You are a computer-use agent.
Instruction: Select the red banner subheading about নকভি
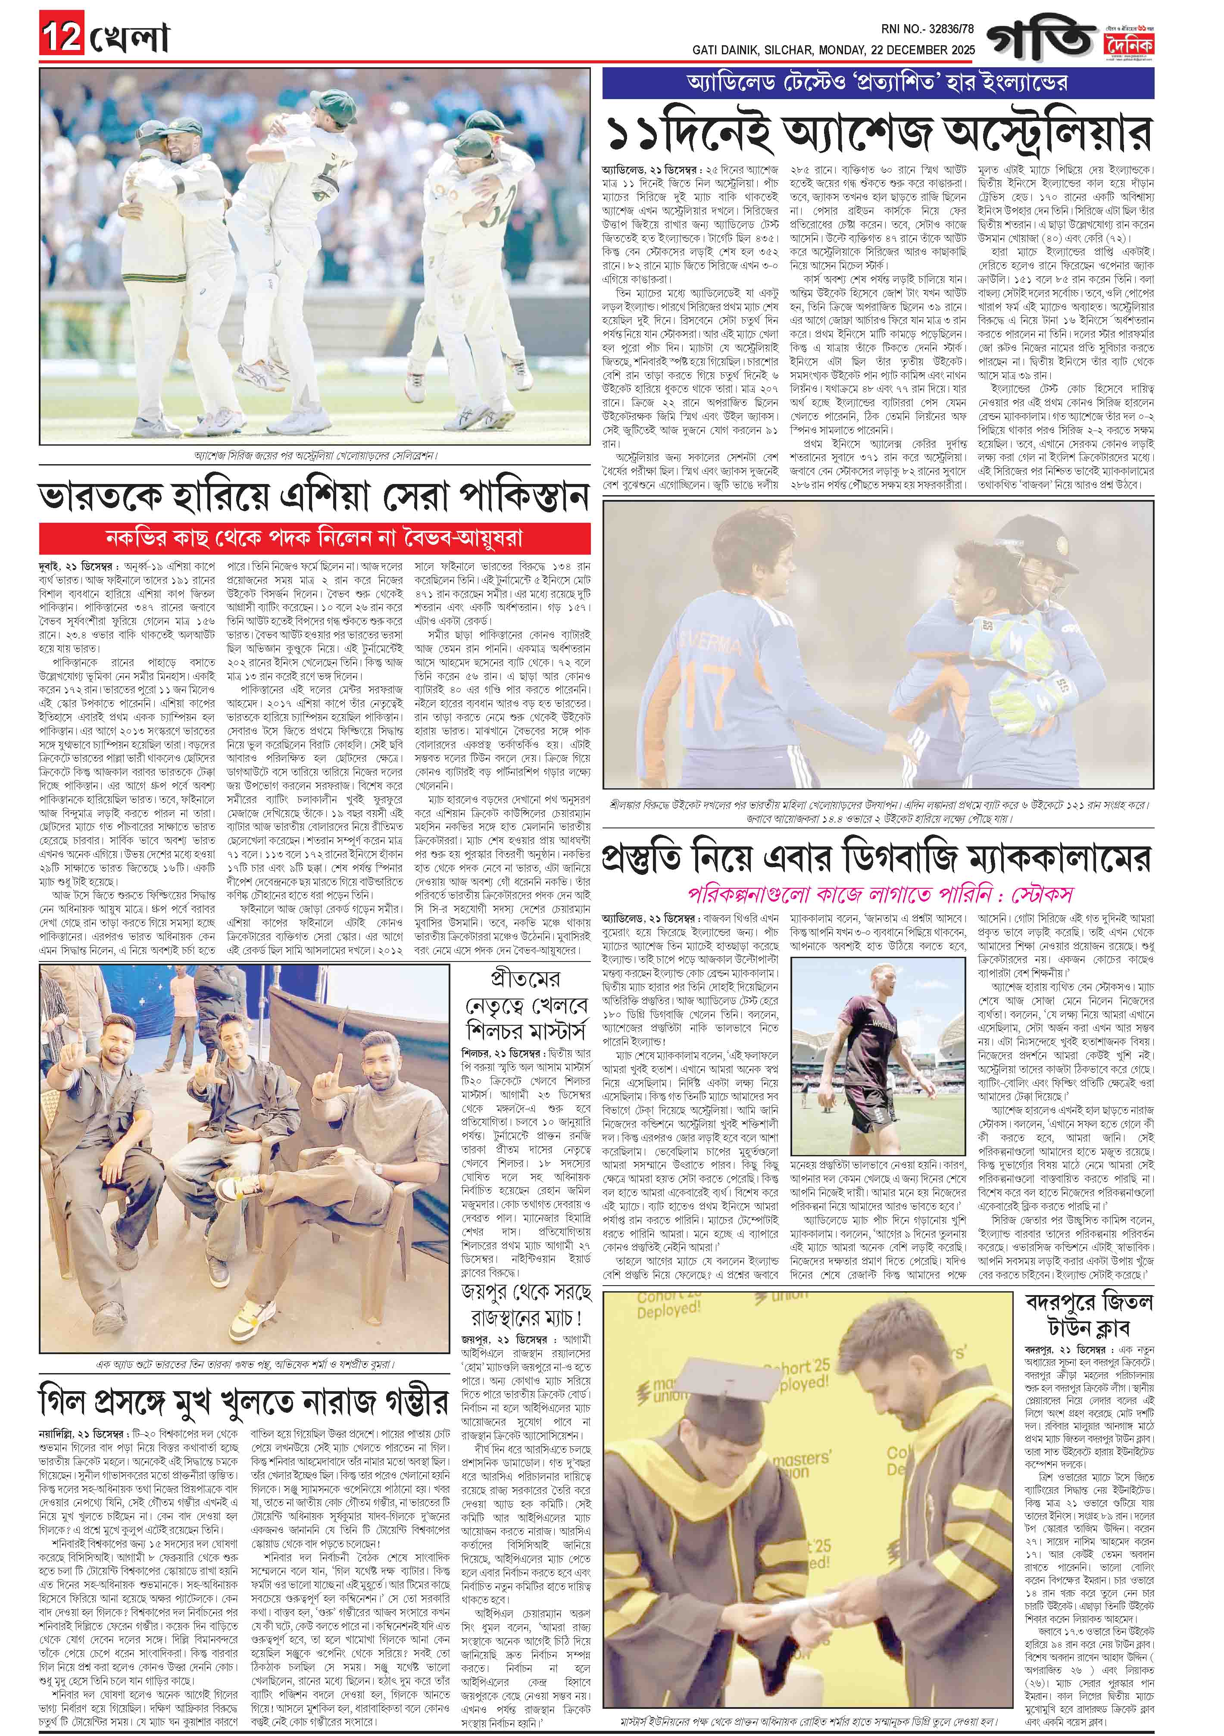pos(314,539)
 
